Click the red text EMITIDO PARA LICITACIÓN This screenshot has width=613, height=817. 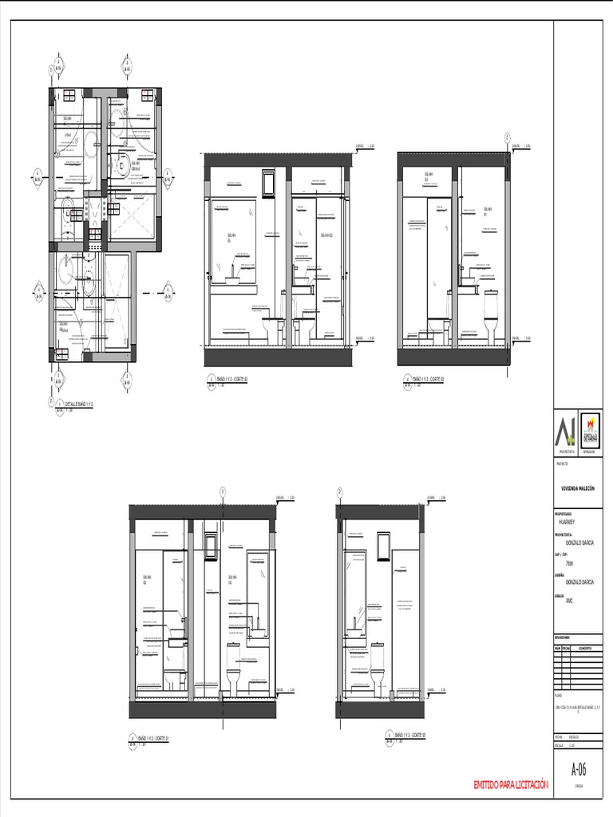coord(511,785)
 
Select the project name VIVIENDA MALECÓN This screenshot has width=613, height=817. coord(579,486)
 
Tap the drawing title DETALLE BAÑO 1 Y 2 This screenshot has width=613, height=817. coord(77,405)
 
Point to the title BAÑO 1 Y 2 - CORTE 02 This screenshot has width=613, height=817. coord(228,380)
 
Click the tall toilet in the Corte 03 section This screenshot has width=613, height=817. coord(491,314)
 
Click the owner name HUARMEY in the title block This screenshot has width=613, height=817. coord(566,519)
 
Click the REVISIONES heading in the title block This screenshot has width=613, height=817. coord(563,638)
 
